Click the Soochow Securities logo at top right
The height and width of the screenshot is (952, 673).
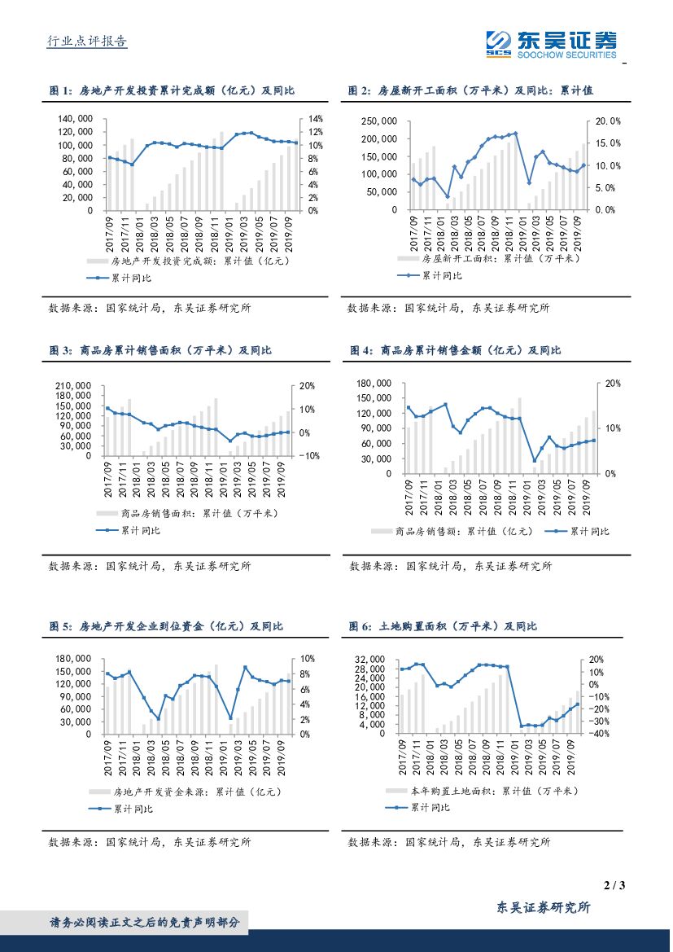pos(551,43)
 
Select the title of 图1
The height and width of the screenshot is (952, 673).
pos(172,90)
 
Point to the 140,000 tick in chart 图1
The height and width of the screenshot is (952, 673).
pos(75,119)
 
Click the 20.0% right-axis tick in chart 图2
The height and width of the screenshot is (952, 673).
pos(609,121)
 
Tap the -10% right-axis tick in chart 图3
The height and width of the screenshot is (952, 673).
pos(312,456)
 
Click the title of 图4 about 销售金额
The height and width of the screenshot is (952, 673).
pos(456,350)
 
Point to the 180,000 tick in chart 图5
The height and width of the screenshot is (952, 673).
pos(76,659)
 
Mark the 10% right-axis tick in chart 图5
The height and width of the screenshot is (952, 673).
pos(308,659)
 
